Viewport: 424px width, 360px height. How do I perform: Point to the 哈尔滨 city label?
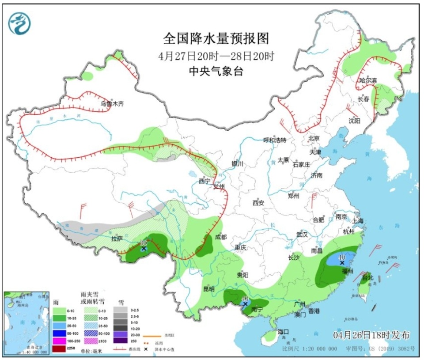(x=368, y=80)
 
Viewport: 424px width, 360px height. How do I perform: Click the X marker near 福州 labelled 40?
(x=342, y=262)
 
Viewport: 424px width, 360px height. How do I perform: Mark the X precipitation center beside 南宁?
(x=245, y=304)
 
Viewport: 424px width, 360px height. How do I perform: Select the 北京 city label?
(x=314, y=138)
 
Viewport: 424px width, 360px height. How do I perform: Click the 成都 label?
(x=221, y=237)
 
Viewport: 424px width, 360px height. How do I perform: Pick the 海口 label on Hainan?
(x=283, y=331)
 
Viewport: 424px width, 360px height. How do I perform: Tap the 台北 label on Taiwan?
(x=367, y=278)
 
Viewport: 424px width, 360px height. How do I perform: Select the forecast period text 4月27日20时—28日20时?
(x=216, y=56)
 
